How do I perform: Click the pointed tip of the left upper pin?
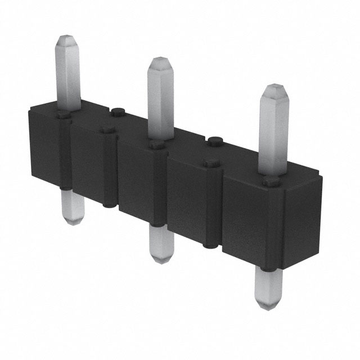[66, 39]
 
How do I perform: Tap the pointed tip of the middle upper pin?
[161, 61]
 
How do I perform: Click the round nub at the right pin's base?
[272, 181]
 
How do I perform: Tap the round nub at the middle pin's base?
[157, 145]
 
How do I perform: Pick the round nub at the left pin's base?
[64, 115]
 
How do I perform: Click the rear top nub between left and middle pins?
[118, 111]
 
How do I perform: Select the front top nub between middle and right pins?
[212, 163]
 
